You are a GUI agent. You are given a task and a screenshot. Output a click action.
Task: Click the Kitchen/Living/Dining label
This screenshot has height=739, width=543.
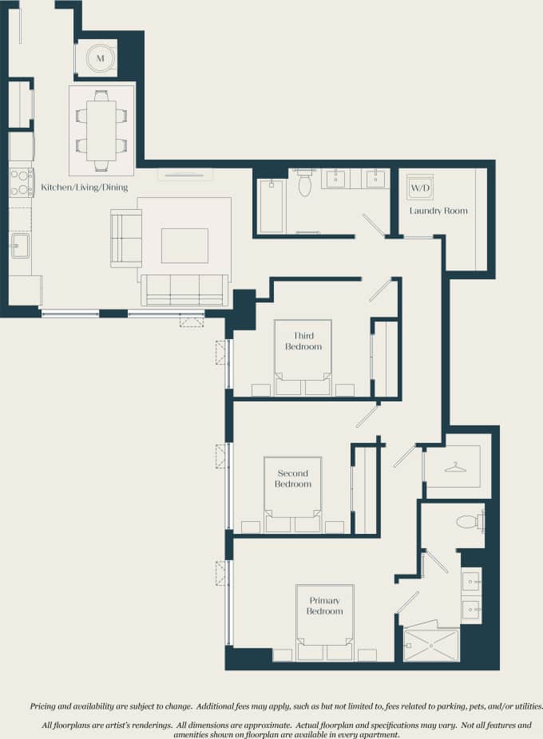[84, 188]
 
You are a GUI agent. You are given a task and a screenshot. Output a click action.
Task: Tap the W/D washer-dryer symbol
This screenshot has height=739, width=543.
[420, 188]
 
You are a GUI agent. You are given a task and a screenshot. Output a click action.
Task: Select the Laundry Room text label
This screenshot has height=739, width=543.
[438, 211]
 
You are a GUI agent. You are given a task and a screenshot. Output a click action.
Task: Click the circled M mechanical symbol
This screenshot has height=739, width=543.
[101, 57]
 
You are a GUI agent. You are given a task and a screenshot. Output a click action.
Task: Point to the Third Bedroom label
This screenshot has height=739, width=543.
[307, 342]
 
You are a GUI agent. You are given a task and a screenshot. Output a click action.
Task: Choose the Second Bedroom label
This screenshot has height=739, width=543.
[293, 479]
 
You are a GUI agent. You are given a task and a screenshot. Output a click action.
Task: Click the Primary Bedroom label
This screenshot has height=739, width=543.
[323, 606]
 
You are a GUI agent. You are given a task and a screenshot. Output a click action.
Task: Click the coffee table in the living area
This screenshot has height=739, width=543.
[184, 245]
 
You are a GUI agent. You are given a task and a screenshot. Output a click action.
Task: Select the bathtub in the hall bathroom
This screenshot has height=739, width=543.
[271, 205]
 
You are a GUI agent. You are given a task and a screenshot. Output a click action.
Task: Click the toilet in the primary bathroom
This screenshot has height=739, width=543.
[469, 522]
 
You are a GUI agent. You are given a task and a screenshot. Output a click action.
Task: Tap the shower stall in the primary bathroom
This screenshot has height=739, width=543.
[431, 645]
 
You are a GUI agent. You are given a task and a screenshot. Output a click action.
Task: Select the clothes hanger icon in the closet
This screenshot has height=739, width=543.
[455, 467]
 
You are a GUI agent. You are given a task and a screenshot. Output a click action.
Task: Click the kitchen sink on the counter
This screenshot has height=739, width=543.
[20, 245]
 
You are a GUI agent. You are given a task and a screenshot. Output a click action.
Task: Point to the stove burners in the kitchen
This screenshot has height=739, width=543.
[21, 182]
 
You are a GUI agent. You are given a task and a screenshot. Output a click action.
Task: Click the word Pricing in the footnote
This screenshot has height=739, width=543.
[44, 706]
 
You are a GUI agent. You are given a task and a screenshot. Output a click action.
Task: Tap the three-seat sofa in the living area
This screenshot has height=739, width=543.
[184, 290]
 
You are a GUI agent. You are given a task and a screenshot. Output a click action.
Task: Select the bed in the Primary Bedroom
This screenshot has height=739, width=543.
[325, 638]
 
